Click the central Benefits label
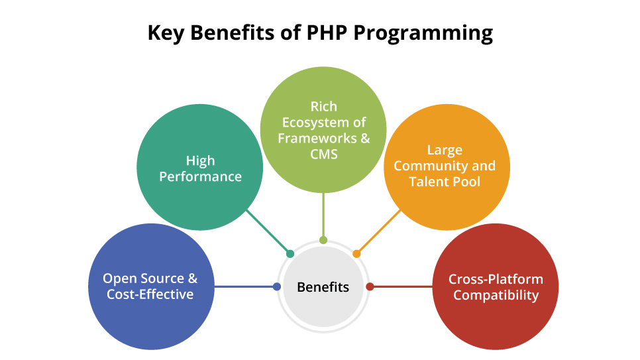pyautogui.click(x=323, y=287)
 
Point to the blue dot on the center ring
pyautogui.click(x=276, y=287)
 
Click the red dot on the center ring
pyautogui.click(x=370, y=287)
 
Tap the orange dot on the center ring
pyautogui.click(x=356, y=253)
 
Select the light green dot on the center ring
pyautogui.click(x=323, y=240)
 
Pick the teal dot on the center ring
pyautogui.click(x=290, y=253)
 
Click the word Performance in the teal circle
pyautogui.click(x=200, y=177)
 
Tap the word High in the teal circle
pyautogui.click(x=200, y=161)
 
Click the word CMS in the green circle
pyautogui.click(x=323, y=154)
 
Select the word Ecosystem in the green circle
pyautogui.click(x=323, y=123)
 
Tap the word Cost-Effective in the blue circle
pyautogui.click(x=150, y=294)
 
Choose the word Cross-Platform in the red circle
pyautogui.click(x=496, y=279)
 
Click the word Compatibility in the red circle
pyautogui.click(x=496, y=295)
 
